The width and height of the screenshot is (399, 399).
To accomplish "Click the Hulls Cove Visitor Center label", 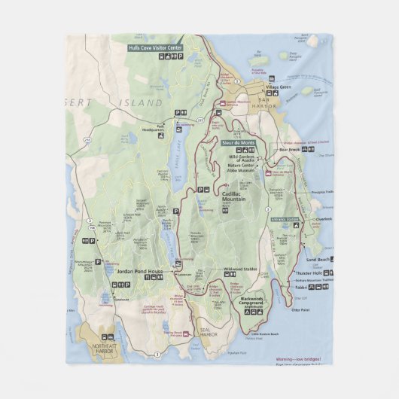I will (x=156, y=47).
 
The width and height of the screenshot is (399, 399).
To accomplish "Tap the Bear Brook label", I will (x=289, y=149).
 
